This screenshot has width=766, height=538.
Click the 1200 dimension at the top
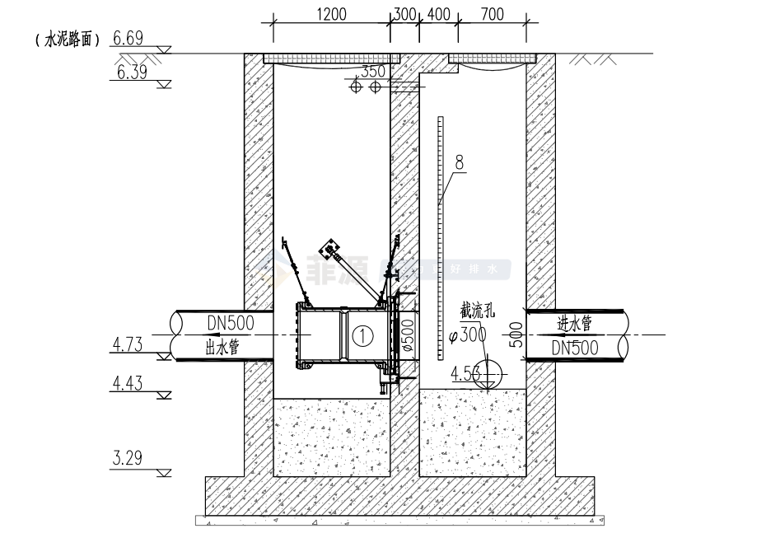tap(330, 15)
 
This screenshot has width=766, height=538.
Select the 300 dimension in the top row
tap(404, 15)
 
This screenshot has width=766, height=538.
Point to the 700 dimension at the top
tap(491, 15)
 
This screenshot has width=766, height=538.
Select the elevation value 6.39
tap(133, 73)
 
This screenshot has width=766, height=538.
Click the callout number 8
tap(460, 162)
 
